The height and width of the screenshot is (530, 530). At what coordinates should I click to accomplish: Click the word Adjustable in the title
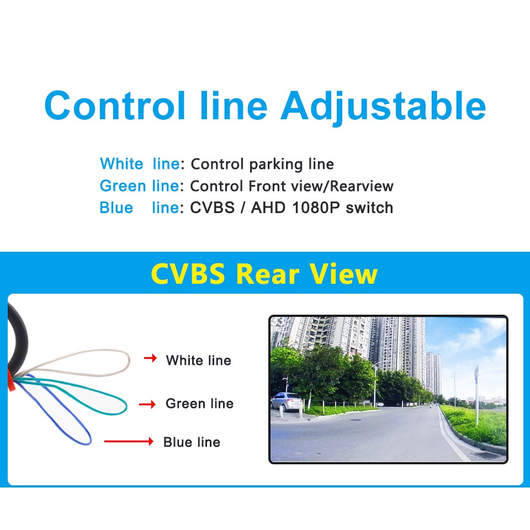(x=383, y=107)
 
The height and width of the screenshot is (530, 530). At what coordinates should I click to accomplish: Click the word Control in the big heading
(x=115, y=105)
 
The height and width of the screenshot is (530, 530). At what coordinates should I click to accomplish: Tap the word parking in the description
(x=276, y=165)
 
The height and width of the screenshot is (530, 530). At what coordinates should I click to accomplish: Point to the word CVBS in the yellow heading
(x=188, y=273)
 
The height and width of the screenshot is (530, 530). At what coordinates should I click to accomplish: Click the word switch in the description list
(x=369, y=208)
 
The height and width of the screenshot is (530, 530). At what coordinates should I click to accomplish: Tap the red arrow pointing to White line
(x=150, y=358)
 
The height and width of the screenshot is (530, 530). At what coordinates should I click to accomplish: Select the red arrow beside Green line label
(x=147, y=404)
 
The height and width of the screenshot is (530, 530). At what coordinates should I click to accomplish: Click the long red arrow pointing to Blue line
(x=129, y=441)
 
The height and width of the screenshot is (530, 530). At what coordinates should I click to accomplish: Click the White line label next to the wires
(x=199, y=361)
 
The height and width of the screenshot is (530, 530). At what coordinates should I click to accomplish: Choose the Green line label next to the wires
(x=199, y=404)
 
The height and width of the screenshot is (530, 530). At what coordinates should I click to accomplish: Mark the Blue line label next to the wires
(x=192, y=442)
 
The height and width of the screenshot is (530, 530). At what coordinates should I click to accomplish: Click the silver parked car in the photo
(x=287, y=401)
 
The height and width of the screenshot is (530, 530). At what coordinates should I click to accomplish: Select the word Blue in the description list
(x=116, y=208)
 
